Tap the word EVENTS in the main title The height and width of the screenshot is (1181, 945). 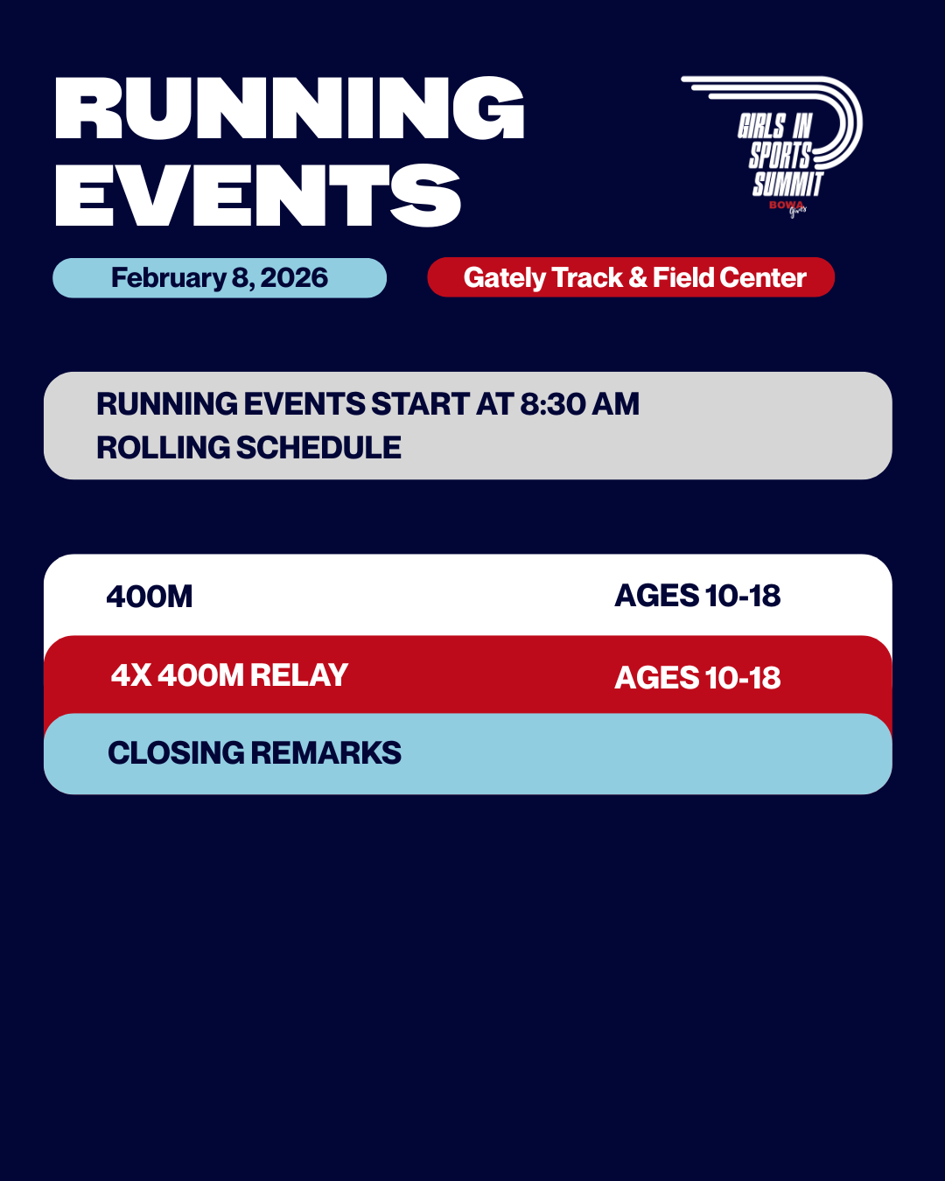258,196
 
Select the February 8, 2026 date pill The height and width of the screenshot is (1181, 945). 220,278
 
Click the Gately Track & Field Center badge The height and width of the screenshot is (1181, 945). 631,277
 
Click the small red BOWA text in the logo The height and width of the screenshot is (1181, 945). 784,205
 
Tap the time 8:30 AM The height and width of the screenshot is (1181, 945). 579,404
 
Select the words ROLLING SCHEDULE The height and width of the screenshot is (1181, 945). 248,448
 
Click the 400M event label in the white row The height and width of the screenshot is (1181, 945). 150,597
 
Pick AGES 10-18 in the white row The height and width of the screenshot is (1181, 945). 697,596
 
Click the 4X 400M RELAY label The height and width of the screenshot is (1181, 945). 229,675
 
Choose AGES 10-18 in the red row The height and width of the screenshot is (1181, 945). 697,678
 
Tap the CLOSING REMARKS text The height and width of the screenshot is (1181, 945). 255,753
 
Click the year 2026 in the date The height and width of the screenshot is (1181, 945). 294,278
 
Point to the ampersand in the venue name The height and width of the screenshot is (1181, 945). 638,277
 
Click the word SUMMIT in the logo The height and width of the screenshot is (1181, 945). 787,184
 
